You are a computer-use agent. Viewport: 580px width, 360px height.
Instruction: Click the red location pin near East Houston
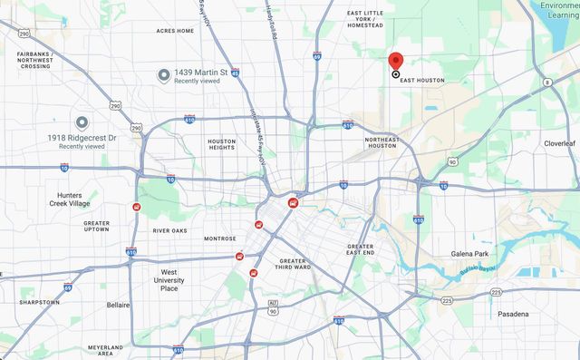(x=396, y=62)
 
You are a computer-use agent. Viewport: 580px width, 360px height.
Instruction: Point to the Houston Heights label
(x=222, y=145)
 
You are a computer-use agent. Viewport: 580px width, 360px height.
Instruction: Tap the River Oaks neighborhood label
(x=169, y=230)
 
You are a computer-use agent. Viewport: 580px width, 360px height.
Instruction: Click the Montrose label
(x=219, y=238)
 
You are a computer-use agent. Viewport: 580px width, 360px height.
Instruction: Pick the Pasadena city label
(x=512, y=313)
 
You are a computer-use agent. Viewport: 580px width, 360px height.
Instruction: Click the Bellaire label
(x=118, y=306)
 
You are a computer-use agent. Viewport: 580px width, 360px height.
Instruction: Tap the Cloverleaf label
(x=559, y=143)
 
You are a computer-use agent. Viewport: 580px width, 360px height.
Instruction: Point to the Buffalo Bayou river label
(x=477, y=270)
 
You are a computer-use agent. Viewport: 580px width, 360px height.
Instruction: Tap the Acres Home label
(x=175, y=31)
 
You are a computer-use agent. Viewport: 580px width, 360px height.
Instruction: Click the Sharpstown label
(x=39, y=302)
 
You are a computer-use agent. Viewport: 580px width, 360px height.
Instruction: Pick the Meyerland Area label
(x=105, y=351)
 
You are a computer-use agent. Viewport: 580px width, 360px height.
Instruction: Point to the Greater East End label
(x=360, y=249)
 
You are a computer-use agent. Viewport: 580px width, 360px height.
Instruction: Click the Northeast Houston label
(x=381, y=142)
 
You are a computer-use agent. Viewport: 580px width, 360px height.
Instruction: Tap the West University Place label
(x=169, y=279)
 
